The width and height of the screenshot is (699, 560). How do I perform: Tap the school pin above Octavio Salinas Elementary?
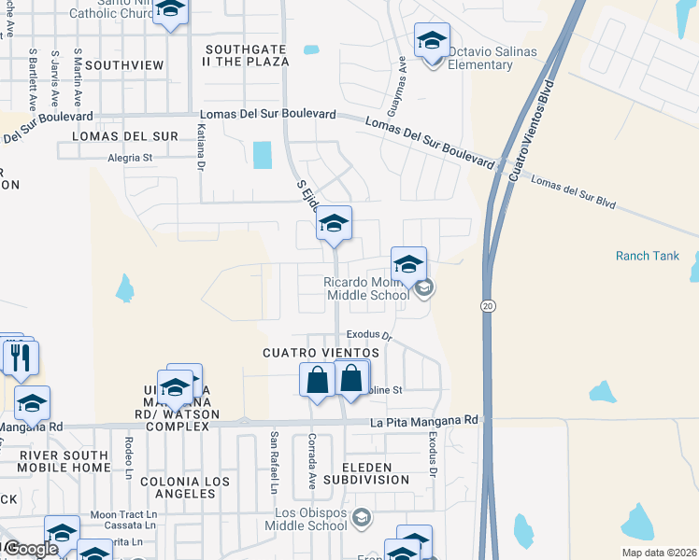point(432,41)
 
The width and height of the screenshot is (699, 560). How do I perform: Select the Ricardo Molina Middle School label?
point(366,288)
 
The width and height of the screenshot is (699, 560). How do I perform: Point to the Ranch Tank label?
point(647,256)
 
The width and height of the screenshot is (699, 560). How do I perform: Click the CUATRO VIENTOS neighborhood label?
point(321,353)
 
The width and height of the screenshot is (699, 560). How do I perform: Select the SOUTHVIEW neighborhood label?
point(124,65)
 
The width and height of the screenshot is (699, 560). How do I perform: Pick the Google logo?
point(32,548)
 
